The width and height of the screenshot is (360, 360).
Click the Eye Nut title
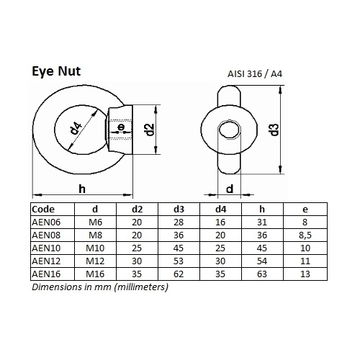pyautogui.click(x=56, y=71)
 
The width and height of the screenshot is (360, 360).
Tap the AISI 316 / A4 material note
pyautogui.click(x=255, y=73)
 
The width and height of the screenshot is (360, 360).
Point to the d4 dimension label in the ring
pyautogui.click(x=76, y=128)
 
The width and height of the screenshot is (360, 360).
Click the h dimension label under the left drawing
pyautogui.click(x=82, y=189)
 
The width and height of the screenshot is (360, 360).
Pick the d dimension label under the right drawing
pyautogui.click(x=230, y=189)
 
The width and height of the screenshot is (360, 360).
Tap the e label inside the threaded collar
pyautogui.click(x=122, y=127)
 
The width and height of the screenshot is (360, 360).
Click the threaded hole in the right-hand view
pyautogui.click(x=230, y=130)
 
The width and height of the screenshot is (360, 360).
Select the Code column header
pyautogui.click(x=43, y=210)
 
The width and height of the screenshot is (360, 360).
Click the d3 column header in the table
pyautogui.click(x=179, y=210)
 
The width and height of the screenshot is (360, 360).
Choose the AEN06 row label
pyautogui.click(x=46, y=222)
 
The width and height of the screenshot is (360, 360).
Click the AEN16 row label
pyautogui.click(x=46, y=274)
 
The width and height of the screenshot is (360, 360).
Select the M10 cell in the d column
pyautogui.click(x=95, y=248)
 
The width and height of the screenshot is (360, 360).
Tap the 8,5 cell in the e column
pyautogui.click(x=305, y=235)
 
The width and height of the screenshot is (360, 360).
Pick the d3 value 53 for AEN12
pyautogui.click(x=179, y=261)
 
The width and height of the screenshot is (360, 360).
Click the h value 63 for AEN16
pyautogui.click(x=262, y=274)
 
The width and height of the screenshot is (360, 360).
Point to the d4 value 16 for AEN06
pyautogui.click(x=220, y=222)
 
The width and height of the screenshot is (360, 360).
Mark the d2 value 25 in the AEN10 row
pyautogui.click(x=137, y=248)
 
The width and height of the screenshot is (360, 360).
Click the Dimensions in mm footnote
pyautogui.click(x=100, y=287)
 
